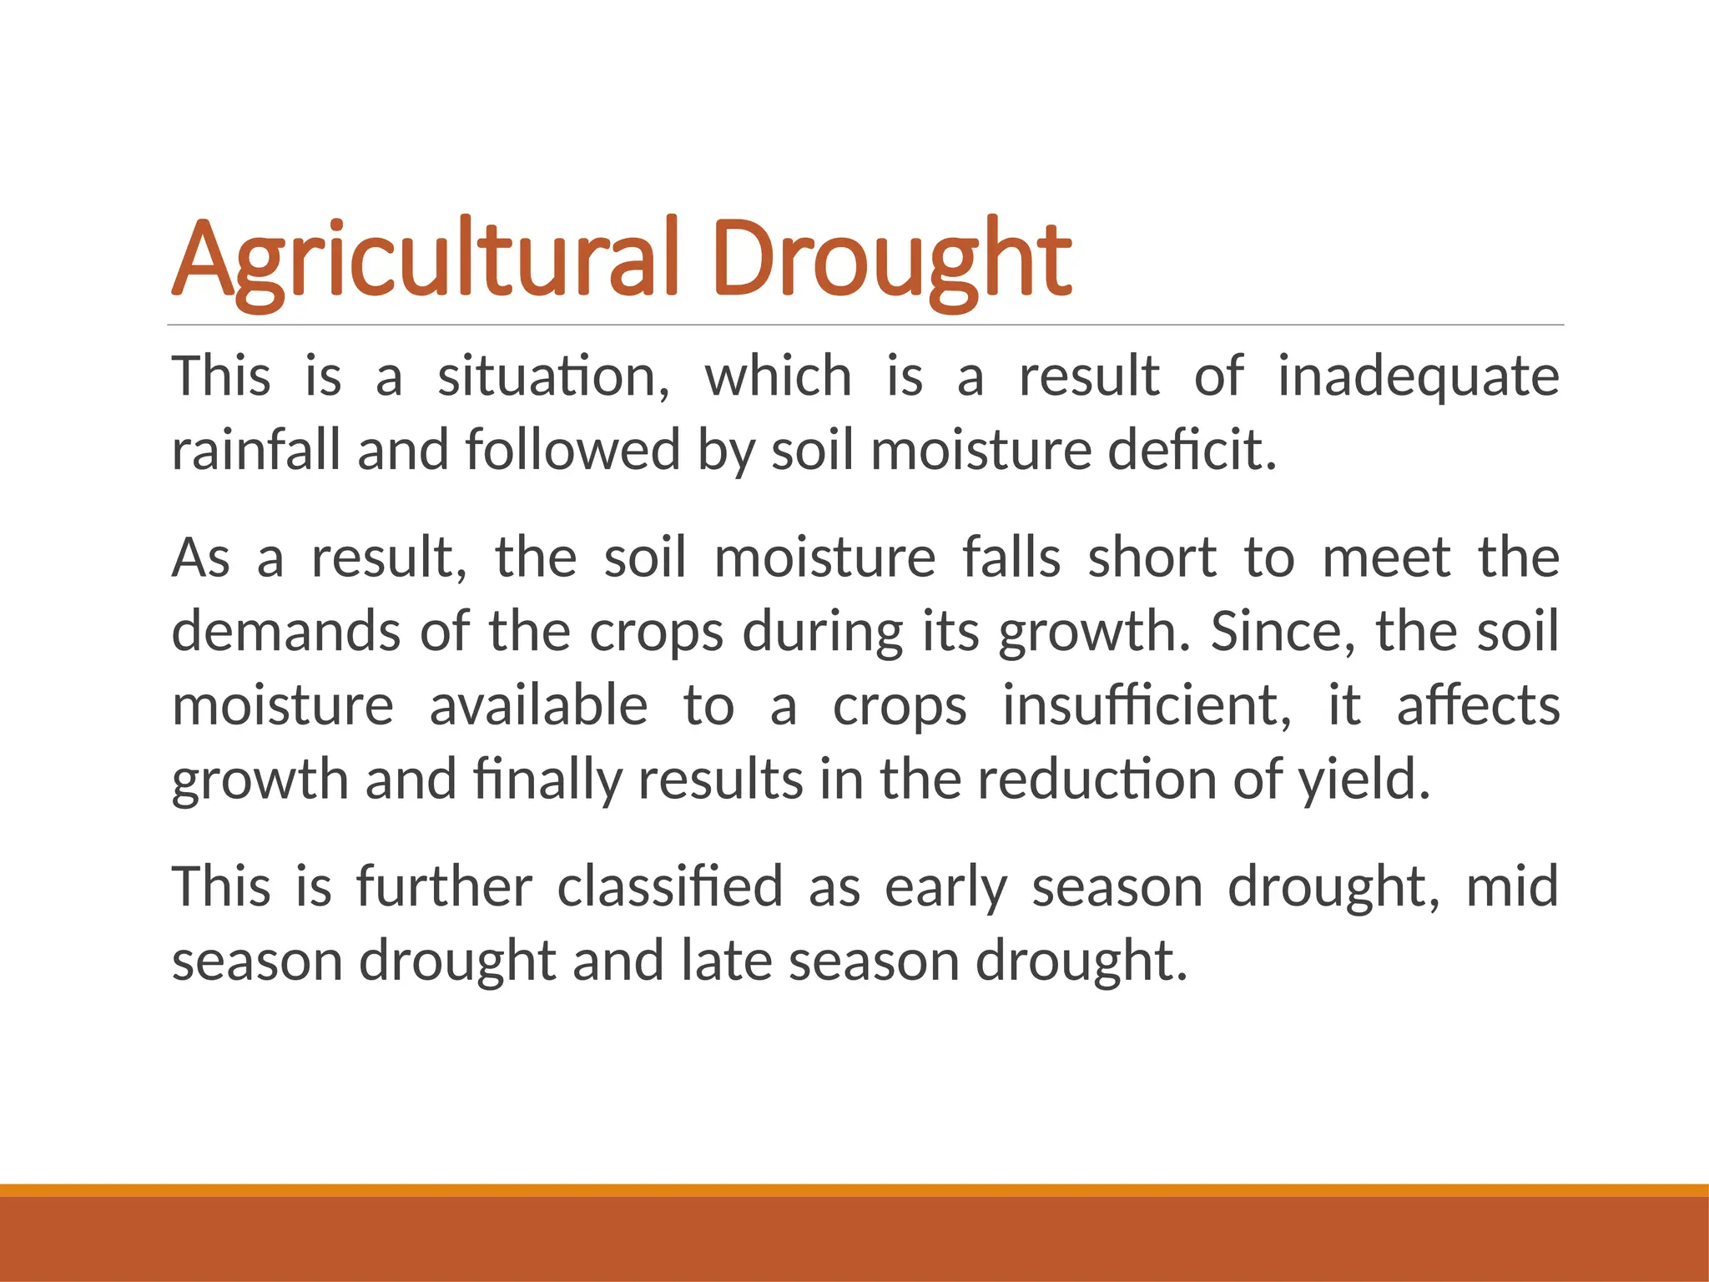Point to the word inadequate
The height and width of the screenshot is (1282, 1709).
[1419, 376]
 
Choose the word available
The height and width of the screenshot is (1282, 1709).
[538, 705]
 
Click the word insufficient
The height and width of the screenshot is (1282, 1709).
[1147, 705]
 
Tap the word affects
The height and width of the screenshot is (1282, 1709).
[1478, 705]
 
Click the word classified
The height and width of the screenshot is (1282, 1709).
[670, 886]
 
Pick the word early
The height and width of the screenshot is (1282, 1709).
[946, 886]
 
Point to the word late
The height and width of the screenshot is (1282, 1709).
[727, 960]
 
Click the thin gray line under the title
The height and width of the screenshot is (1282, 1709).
[865, 325]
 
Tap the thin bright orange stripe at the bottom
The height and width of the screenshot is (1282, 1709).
[854, 1190]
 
